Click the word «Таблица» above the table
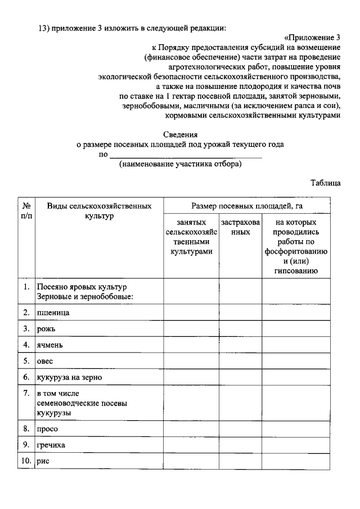coord(325,183)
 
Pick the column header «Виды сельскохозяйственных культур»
coord(99,211)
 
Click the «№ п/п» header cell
coord(26,211)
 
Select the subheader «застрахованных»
coord(240,227)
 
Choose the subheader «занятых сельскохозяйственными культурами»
coord(191,237)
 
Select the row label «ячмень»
coord(50,344)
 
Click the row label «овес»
coord(45,361)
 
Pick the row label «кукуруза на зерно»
coord(69,377)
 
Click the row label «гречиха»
coord(51,445)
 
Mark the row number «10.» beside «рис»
coord(26,461)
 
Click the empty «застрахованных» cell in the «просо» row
coord(240,429)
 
